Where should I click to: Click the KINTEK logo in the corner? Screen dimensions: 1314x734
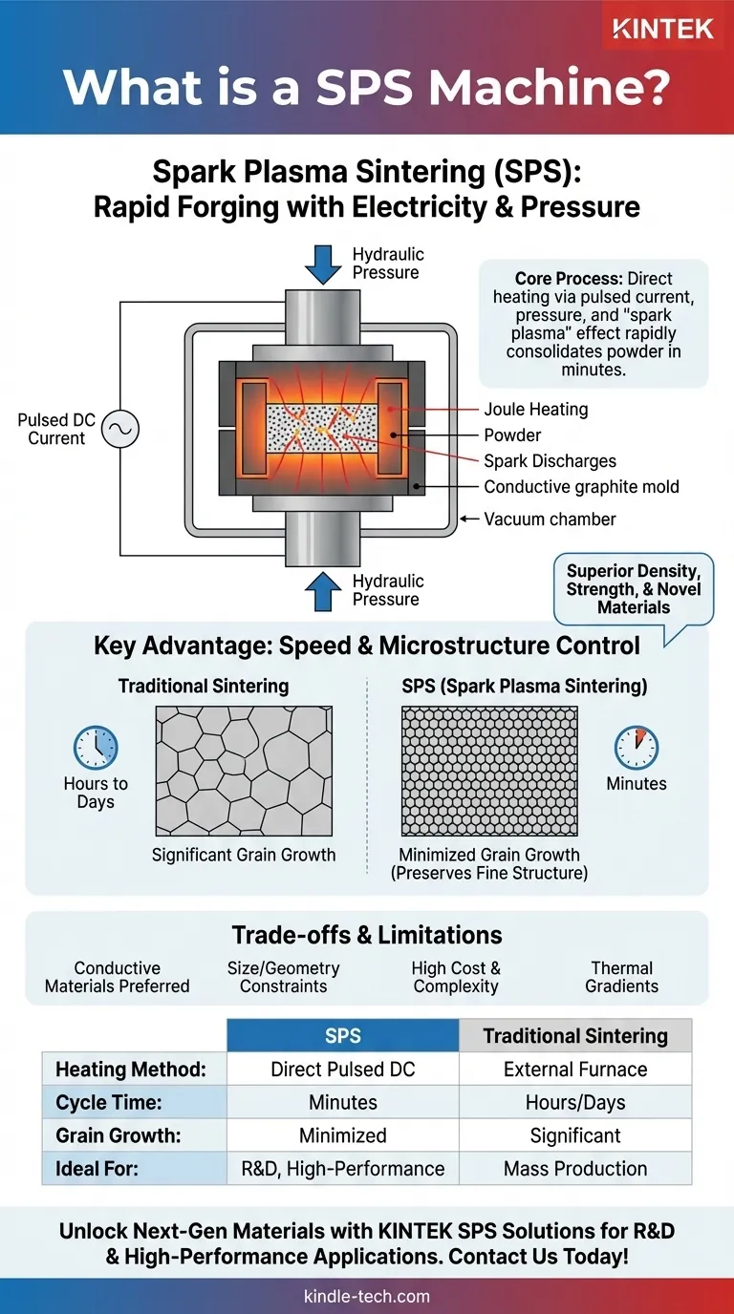pos(662,30)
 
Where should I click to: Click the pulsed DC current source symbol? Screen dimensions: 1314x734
pos(120,430)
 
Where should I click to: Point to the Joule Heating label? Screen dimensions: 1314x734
pos(536,410)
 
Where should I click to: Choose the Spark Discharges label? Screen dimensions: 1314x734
pos(550,461)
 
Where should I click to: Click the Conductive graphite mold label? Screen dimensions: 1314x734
pos(581,487)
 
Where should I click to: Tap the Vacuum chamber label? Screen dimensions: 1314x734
pos(550,519)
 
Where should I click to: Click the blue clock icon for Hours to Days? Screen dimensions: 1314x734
pos(96,748)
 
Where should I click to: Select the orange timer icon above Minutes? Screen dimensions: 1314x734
pos(636,748)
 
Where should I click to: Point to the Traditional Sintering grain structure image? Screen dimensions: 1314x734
pos(244,771)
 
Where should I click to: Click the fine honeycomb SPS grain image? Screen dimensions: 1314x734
pos(489,771)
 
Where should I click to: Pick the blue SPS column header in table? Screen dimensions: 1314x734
pos(343,1036)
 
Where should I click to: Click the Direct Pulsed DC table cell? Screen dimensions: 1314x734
pos(343,1070)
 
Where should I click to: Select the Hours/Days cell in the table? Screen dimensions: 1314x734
pos(575,1103)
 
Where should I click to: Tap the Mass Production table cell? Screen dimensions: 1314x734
pos(575,1169)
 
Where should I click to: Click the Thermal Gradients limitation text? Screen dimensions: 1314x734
pos(622,977)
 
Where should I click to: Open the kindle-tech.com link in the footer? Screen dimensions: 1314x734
pos(367,1297)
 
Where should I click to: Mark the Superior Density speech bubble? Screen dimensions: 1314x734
pos(634,589)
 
